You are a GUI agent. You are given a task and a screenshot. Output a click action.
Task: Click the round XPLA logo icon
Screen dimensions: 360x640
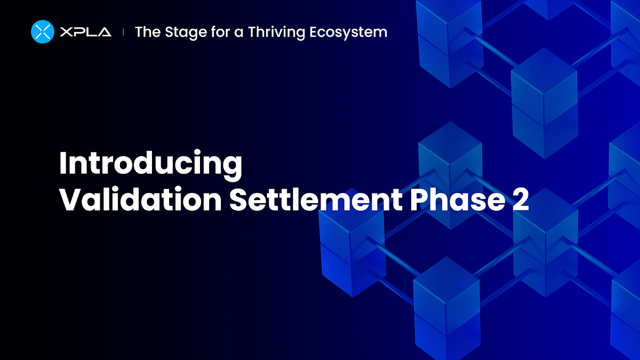point(43,31)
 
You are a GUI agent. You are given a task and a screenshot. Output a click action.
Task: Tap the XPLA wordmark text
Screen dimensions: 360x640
point(86,32)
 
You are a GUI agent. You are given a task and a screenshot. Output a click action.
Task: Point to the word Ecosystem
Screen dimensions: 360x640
point(352,33)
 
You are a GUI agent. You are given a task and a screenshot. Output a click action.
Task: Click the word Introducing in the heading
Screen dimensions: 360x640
point(150,164)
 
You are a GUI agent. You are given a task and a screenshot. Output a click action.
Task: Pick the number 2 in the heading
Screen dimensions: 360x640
point(520,199)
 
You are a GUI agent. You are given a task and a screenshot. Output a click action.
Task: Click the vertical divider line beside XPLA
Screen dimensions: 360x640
point(124,32)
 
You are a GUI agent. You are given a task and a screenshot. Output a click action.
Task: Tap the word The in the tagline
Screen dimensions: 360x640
point(147,32)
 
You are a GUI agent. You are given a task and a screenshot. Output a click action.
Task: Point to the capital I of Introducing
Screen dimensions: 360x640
point(62,163)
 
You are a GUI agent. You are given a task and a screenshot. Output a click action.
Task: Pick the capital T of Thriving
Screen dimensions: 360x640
point(252,32)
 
